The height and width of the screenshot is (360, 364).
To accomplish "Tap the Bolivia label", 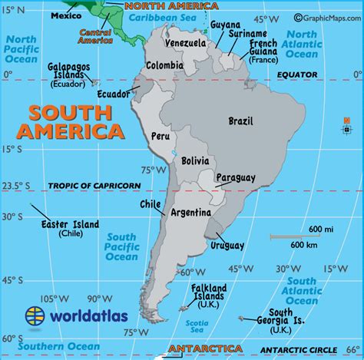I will [196, 162].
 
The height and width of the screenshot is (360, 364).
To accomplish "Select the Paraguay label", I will [235, 178].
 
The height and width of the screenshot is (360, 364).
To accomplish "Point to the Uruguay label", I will [227, 246].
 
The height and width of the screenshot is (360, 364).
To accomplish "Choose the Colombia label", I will [164, 65].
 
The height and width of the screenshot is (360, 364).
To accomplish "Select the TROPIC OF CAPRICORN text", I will [94, 186].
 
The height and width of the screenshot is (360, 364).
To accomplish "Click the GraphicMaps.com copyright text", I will [323, 17].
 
